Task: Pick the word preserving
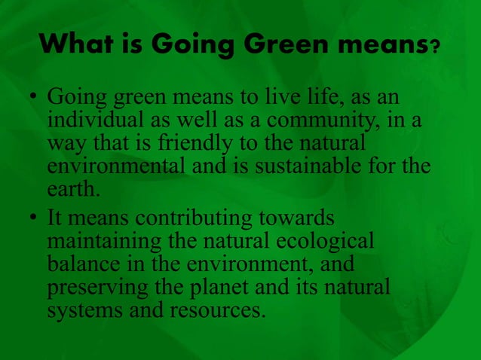tap(94, 288)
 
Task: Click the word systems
tap(77, 309)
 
